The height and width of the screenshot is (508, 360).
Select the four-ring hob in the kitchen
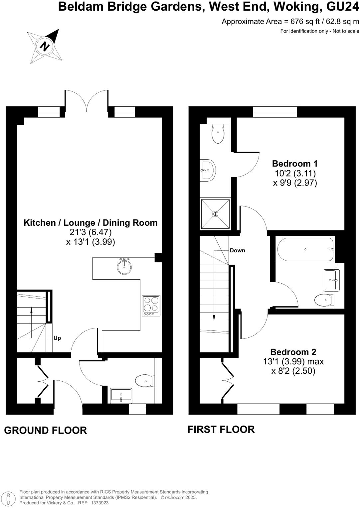coord(151,305)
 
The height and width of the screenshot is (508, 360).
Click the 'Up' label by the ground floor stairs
coord(57,338)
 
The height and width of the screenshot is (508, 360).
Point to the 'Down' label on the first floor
coord(237,250)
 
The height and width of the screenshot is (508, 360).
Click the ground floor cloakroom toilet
coord(144,381)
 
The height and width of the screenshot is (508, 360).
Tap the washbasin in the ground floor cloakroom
coord(121,395)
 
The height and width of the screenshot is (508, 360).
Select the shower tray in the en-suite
coord(215,214)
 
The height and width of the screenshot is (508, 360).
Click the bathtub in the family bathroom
coord(305,249)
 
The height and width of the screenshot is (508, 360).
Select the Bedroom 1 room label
coord(295,164)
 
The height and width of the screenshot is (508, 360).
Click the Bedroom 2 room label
coord(293,352)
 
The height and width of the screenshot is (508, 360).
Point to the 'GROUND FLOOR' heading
coord(45,430)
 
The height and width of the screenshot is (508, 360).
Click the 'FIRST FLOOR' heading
coord(221,429)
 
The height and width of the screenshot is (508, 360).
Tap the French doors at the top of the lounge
coord(87,100)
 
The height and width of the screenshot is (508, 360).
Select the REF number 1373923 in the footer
coord(98,503)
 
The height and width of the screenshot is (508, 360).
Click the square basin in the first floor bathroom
coord(331,280)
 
